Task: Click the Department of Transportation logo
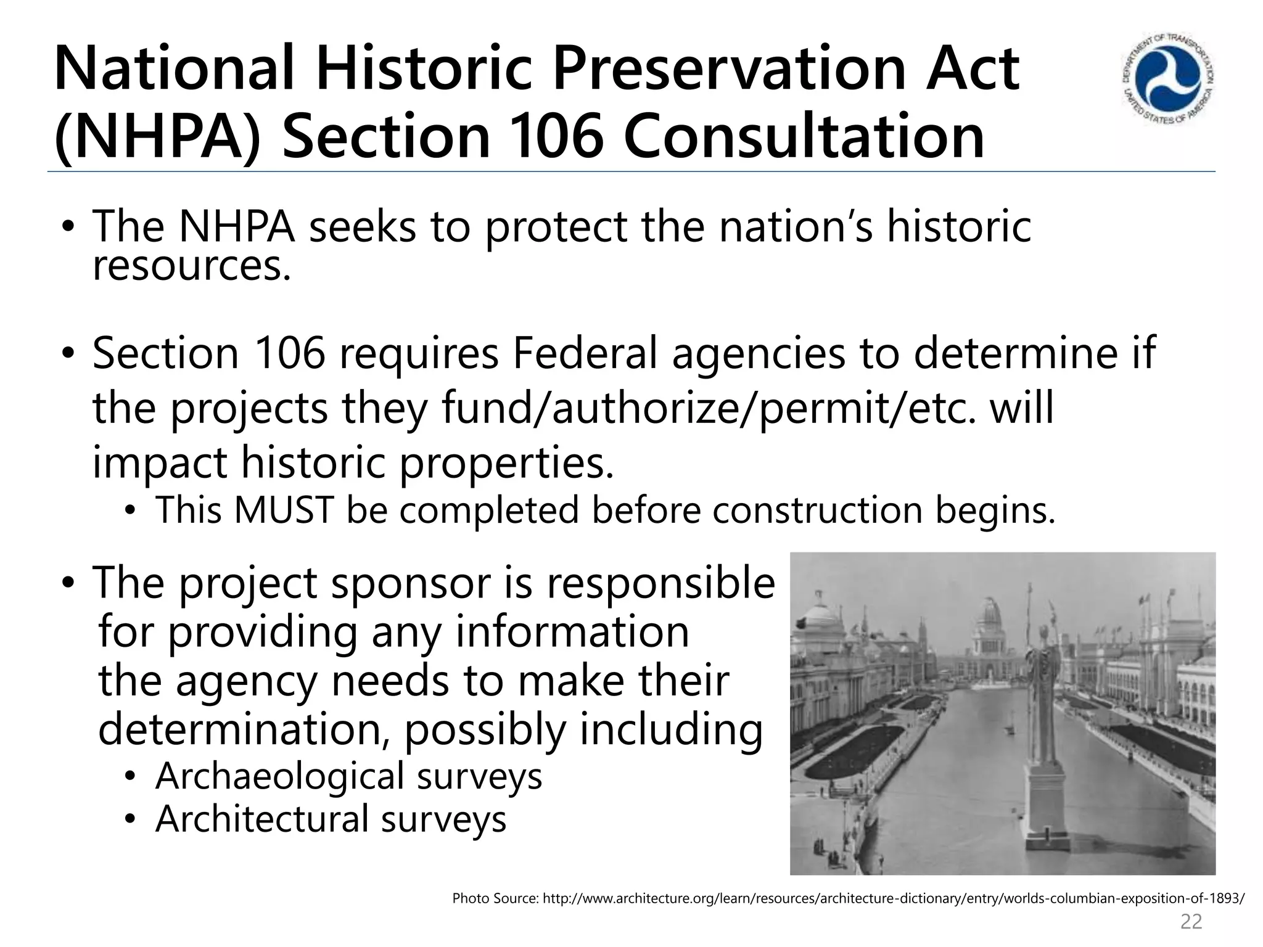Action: [1167, 79]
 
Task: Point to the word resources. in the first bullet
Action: [191, 267]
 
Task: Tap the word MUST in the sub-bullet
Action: [283, 510]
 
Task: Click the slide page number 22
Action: [1191, 921]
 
